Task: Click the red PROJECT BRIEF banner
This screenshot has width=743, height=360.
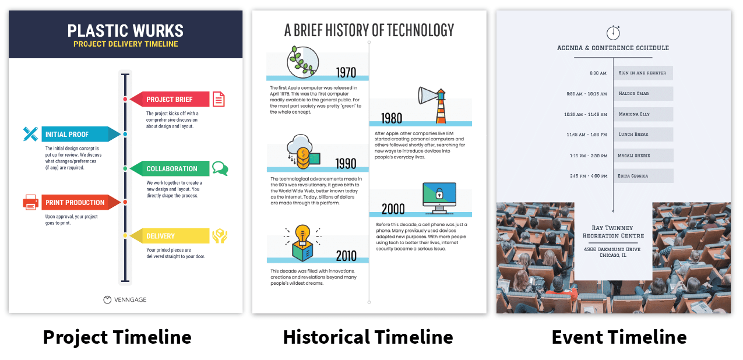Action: pos(169,100)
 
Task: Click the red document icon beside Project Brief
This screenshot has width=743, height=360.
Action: pos(219,100)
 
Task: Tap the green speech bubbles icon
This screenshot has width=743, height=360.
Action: pos(220,168)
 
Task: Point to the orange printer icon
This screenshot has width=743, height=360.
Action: pos(30,202)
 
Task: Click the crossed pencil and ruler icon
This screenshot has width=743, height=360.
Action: pos(30,134)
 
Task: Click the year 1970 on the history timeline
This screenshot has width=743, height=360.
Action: pos(346,73)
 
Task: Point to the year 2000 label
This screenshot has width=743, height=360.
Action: pos(393,209)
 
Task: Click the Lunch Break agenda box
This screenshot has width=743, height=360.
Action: pos(643,135)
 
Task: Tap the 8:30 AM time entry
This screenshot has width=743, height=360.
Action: pos(598,73)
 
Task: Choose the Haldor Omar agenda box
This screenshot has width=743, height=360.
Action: pos(643,94)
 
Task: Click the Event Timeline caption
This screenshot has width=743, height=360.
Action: pos(619,337)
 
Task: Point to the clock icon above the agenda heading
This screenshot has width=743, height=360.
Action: pos(612,33)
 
